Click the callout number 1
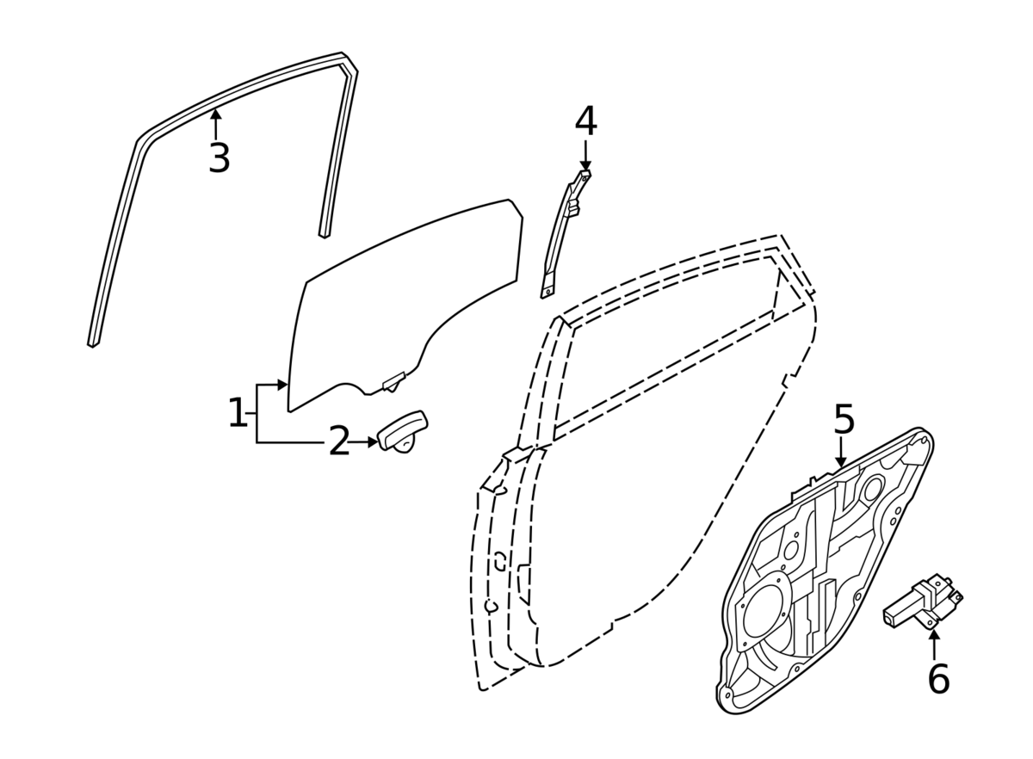[237, 414]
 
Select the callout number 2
[339, 442]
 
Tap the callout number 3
[220, 158]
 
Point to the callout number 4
[585, 122]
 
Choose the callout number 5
[844, 420]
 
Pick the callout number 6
[938, 679]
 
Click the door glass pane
[405, 301]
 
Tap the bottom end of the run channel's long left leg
[93, 342]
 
